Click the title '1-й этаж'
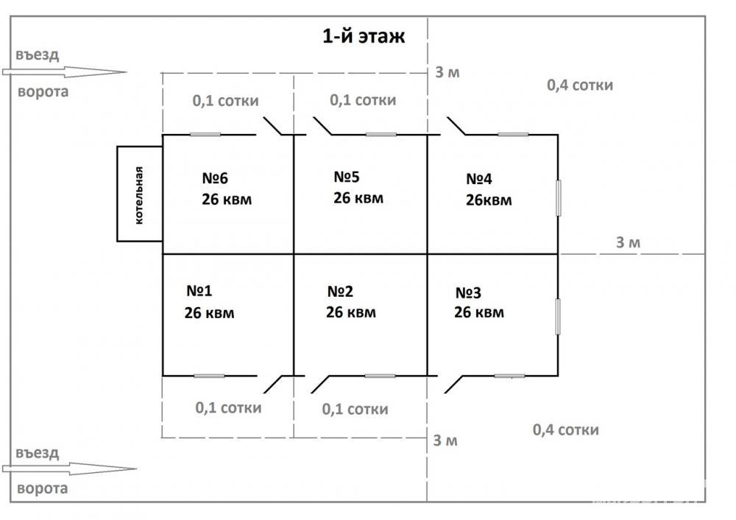(x=364, y=36)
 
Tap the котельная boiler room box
(x=139, y=194)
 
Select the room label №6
(x=215, y=178)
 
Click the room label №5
(x=347, y=177)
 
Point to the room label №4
(x=479, y=178)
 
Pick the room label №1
(x=199, y=291)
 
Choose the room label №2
(x=340, y=291)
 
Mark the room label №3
(x=468, y=292)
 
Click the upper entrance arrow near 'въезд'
(x=64, y=72)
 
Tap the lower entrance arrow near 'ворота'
(x=69, y=468)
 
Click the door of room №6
(x=272, y=126)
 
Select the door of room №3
(x=453, y=384)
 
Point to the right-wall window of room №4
(x=558, y=197)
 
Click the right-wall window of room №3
(x=558, y=317)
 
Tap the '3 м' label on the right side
(x=628, y=242)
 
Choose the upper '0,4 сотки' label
(x=580, y=85)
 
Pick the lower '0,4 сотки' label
(x=565, y=429)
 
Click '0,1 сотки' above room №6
(x=225, y=100)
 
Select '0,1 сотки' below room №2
(x=355, y=409)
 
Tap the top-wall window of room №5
(x=381, y=135)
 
